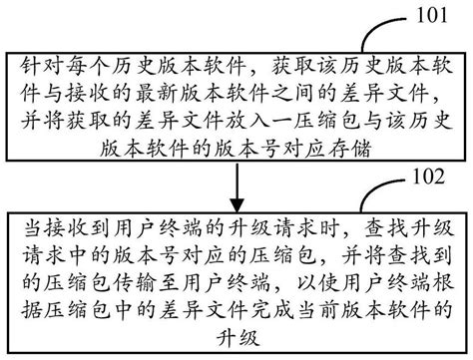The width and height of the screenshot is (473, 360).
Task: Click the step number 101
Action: (x=433, y=15)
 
